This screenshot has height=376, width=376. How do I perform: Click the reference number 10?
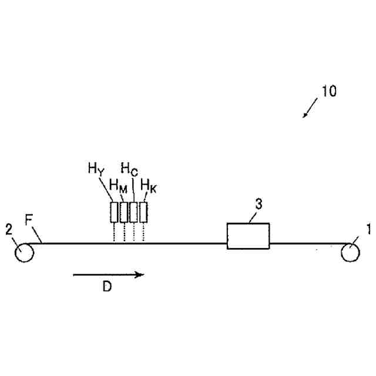pos(329,92)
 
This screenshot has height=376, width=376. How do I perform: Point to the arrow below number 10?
pos(310,108)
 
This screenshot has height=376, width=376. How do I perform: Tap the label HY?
pos(95,170)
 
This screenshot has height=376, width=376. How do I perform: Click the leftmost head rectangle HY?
pos(114,212)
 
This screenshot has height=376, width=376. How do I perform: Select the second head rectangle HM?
pos(124,212)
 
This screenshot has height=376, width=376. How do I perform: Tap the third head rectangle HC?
pos(133,212)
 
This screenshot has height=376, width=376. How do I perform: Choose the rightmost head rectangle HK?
pos(143,212)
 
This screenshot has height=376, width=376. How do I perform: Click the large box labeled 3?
pos(248,236)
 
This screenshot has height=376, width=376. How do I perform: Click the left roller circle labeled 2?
pos(25,252)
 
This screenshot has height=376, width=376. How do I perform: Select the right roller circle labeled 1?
pos(351,252)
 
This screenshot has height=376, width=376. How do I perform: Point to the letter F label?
pos(29,221)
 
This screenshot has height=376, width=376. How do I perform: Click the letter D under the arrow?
pos(107,287)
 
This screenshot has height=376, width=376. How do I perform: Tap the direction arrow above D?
pos(108,274)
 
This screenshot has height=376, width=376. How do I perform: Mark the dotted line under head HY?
pos(114,233)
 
